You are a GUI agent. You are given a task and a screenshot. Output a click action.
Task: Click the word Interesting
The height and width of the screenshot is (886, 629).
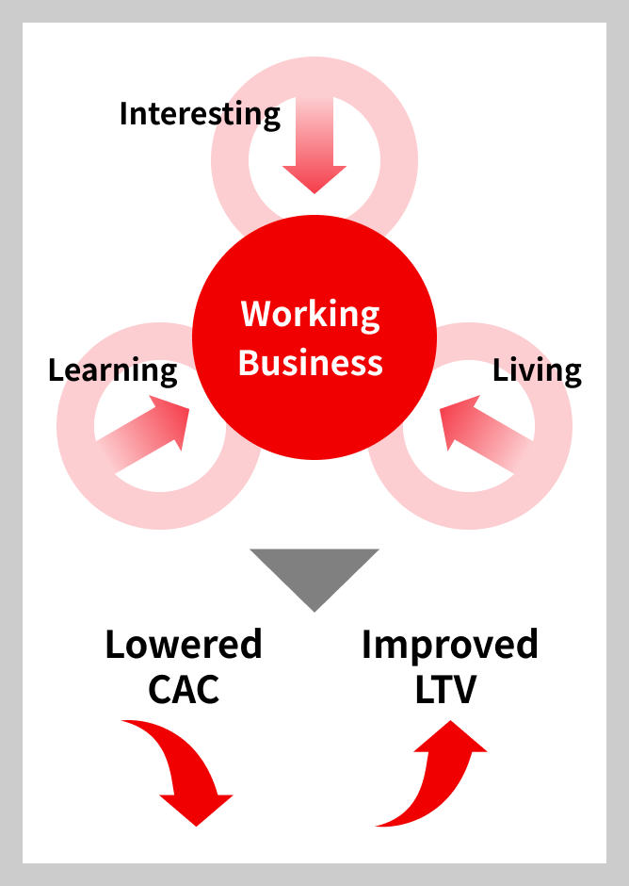200,115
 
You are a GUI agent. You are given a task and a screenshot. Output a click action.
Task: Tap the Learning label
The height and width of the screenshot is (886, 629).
113,371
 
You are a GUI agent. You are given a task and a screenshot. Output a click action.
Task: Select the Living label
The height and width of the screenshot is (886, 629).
537,370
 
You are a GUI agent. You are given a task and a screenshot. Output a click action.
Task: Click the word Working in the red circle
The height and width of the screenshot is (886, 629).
310,314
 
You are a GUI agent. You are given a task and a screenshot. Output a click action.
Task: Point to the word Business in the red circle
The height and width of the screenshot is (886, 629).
310,362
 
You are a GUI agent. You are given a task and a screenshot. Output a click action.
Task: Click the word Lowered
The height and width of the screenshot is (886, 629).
184,644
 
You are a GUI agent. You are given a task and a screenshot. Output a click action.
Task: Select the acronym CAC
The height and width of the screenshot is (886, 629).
184,689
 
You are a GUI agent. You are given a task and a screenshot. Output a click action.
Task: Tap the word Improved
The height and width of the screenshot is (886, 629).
450,646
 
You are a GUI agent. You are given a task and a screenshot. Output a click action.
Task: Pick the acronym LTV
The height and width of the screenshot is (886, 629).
445,689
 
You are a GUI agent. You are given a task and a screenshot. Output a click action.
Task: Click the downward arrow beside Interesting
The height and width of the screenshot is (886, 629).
314,144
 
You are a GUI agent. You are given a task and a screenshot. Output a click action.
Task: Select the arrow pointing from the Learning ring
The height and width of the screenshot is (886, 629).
142,434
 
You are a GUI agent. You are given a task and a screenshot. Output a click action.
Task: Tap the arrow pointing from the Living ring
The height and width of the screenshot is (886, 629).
487,434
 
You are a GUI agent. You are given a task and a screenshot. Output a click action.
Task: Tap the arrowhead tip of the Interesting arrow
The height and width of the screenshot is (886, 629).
314,193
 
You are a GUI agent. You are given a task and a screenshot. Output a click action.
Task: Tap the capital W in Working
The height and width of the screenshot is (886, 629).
256,313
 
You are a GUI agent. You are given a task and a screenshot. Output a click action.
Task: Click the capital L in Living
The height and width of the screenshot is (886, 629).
500,370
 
